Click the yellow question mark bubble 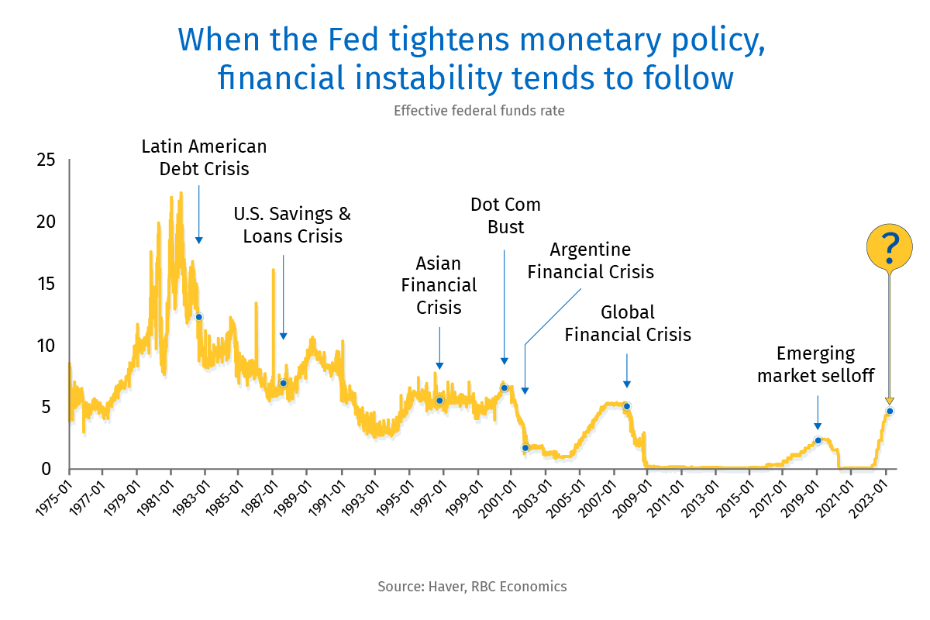pyautogui.click(x=890, y=246)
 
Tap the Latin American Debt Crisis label pyautogui.click(x=204, y=157)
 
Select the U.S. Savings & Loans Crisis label pyautogui.click(x=293, y=225)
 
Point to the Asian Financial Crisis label pyautogui.click(x=439, y=285)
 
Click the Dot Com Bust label pyautogui.click(x=505, y=216)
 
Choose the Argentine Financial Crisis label pyautogui.click(x=591, y=261)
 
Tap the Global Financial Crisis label pyautogui.click(x=628, y=323)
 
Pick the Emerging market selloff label pyautogui.click(x=815, y=365)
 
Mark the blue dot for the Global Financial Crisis pyautogui.click(x=626, y=406)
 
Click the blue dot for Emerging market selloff pyautogui.click(x=818, y=440)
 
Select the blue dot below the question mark pyautogui.click(x=890, y=411)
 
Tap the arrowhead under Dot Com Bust pyautogui.click(x=504, y=360)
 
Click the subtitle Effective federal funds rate pyautogui.click(x=479, y=111)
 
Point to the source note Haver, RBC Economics pyautogui.click(x=472, y=586)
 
